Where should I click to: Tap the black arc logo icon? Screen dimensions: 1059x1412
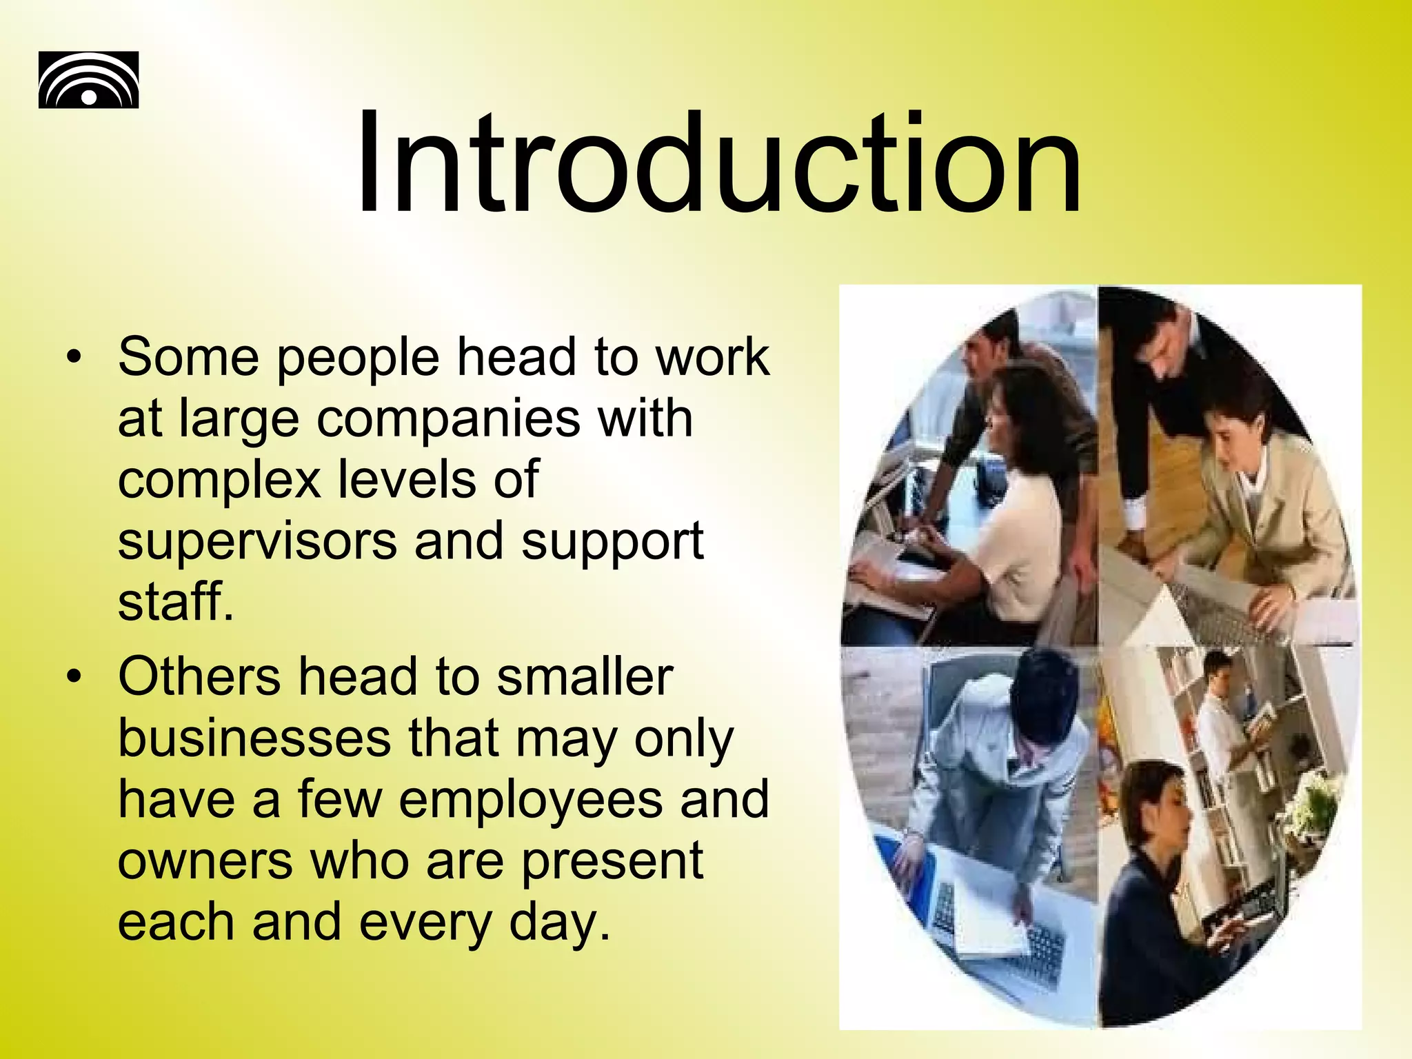coord(88,80)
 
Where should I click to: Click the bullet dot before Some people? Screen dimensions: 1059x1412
coord(74,358)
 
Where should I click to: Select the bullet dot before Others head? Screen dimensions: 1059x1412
coord(74,677)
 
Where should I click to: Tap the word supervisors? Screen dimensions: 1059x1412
coord(257,542)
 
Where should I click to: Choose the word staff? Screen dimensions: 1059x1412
coord(175,601)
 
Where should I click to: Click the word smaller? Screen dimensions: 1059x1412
coord(585,677)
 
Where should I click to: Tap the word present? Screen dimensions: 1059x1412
coord(612,862)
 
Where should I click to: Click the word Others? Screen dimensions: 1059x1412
coord(199,677)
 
